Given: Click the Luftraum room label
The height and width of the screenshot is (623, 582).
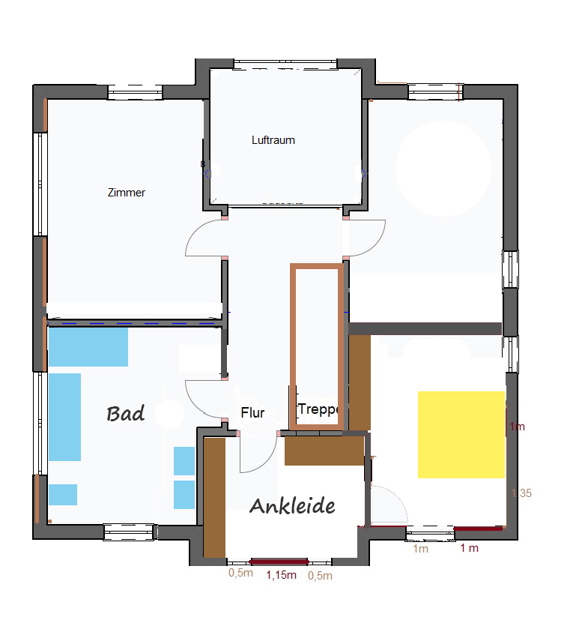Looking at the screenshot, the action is pos(273,140).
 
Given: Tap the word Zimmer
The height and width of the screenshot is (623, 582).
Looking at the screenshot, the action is pos(127,193).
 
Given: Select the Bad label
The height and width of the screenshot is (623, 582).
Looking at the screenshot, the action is pos(125,414).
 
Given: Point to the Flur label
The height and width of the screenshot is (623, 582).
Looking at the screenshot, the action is pos(252,413).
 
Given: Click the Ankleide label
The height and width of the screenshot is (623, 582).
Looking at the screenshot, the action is pos(292,506).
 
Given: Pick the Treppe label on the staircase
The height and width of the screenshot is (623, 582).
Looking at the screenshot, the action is pos(318,409).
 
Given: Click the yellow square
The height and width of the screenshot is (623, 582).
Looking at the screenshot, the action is pos(461,435).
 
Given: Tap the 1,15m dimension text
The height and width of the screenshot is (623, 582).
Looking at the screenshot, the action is pos(281,575).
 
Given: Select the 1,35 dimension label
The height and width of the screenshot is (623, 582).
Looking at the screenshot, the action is pos(521,493).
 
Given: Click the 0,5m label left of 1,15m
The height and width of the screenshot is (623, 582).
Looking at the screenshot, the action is pos(240,573).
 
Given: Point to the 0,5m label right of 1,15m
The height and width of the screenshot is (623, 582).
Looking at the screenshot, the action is pos(320,575).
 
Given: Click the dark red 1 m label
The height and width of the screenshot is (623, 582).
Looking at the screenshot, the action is pos(469,548).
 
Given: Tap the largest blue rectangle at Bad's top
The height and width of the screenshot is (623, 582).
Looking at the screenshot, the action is pos(88,346).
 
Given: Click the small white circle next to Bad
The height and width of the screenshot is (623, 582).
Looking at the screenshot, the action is pos(169,414).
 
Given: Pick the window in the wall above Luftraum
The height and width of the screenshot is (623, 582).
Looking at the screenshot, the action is pos(285,64).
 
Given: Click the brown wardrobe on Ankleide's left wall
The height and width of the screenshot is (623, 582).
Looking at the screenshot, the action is pos(214,498).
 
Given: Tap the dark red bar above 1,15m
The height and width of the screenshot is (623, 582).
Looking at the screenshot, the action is pos(279,562).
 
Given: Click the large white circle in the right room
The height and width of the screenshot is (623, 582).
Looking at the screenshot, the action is pos(443,169).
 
